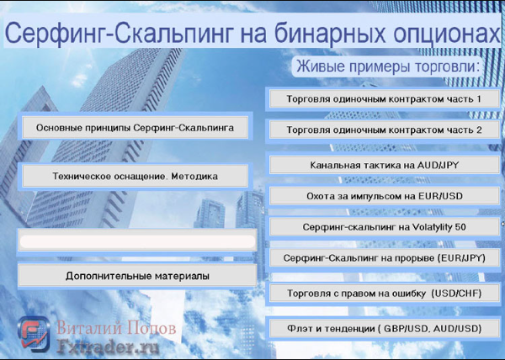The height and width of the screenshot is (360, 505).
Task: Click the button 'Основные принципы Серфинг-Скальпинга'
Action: [135, 128]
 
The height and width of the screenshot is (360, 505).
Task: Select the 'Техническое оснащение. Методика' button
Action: [135, 176]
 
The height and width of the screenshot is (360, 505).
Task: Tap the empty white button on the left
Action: [136, 241]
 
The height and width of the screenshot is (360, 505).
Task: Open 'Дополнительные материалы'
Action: [137, 275]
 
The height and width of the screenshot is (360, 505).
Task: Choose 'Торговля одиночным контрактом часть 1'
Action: [384, 98]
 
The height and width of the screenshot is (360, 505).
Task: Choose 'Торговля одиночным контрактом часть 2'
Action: [384, 130]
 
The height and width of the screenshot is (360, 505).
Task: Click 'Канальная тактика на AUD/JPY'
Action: [384, 164]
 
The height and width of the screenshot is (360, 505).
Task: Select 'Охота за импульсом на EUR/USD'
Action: [384, 196]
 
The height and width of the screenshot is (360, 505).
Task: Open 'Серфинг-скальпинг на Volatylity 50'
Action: [384, 227]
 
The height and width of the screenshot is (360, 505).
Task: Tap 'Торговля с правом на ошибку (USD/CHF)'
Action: [384, 293]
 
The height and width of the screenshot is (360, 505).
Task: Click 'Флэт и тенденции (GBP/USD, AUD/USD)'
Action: [384, 327]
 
